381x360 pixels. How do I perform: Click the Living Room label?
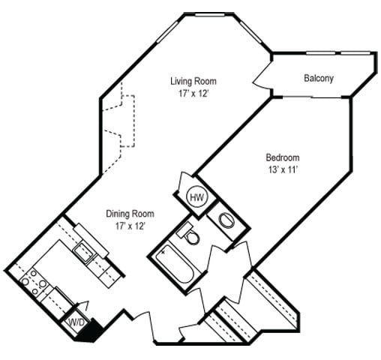point(193,81)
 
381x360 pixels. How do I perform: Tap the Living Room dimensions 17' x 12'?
point(193,94)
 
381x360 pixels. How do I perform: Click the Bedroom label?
point(283,157)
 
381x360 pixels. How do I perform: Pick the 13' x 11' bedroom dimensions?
point(283,170)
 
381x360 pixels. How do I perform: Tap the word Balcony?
point(319,78)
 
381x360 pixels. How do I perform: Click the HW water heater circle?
point(196,197)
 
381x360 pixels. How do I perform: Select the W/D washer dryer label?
point(76,323)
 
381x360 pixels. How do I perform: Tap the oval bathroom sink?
point(224,219)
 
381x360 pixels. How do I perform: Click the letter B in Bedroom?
point(268,157)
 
